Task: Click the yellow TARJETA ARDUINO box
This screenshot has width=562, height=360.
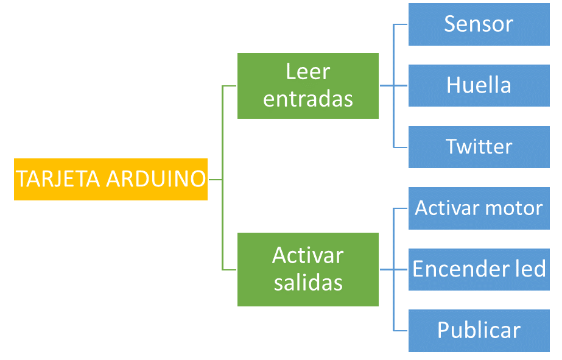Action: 110,179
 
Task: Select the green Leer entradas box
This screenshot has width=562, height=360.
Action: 307,85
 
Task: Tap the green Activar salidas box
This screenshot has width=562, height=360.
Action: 307,269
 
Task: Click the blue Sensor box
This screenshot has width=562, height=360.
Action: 479,24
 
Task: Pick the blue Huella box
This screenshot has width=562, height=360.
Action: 479,85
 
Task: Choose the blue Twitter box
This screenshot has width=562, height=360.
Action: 479,147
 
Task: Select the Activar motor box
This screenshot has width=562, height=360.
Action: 479,208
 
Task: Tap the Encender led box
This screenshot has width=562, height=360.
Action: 479,269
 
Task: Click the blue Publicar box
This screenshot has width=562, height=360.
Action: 479,331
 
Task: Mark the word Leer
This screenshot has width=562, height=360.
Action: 307,72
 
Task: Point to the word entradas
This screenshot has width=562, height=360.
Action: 307,99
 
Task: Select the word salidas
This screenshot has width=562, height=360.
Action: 307,283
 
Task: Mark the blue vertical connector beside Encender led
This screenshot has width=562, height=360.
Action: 394,298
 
